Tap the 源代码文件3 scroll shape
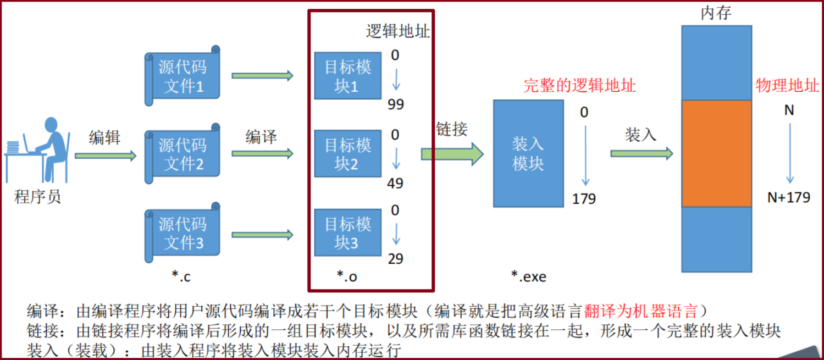coord(183,234)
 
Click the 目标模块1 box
coord(347,76)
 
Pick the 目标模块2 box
coord(347,154)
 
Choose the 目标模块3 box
coord(347,232)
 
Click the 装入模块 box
coord(528,153)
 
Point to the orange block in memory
coord(716,153)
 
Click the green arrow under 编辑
coord(105,156)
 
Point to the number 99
coord(395,104)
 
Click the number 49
coord(395,183)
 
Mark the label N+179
coord(789,197)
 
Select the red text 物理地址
coord(787,86)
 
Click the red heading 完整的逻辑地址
coord(579,86)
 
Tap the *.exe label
coord(528,276)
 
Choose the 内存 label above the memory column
coord(716,13)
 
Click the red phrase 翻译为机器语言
coord(641,312)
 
